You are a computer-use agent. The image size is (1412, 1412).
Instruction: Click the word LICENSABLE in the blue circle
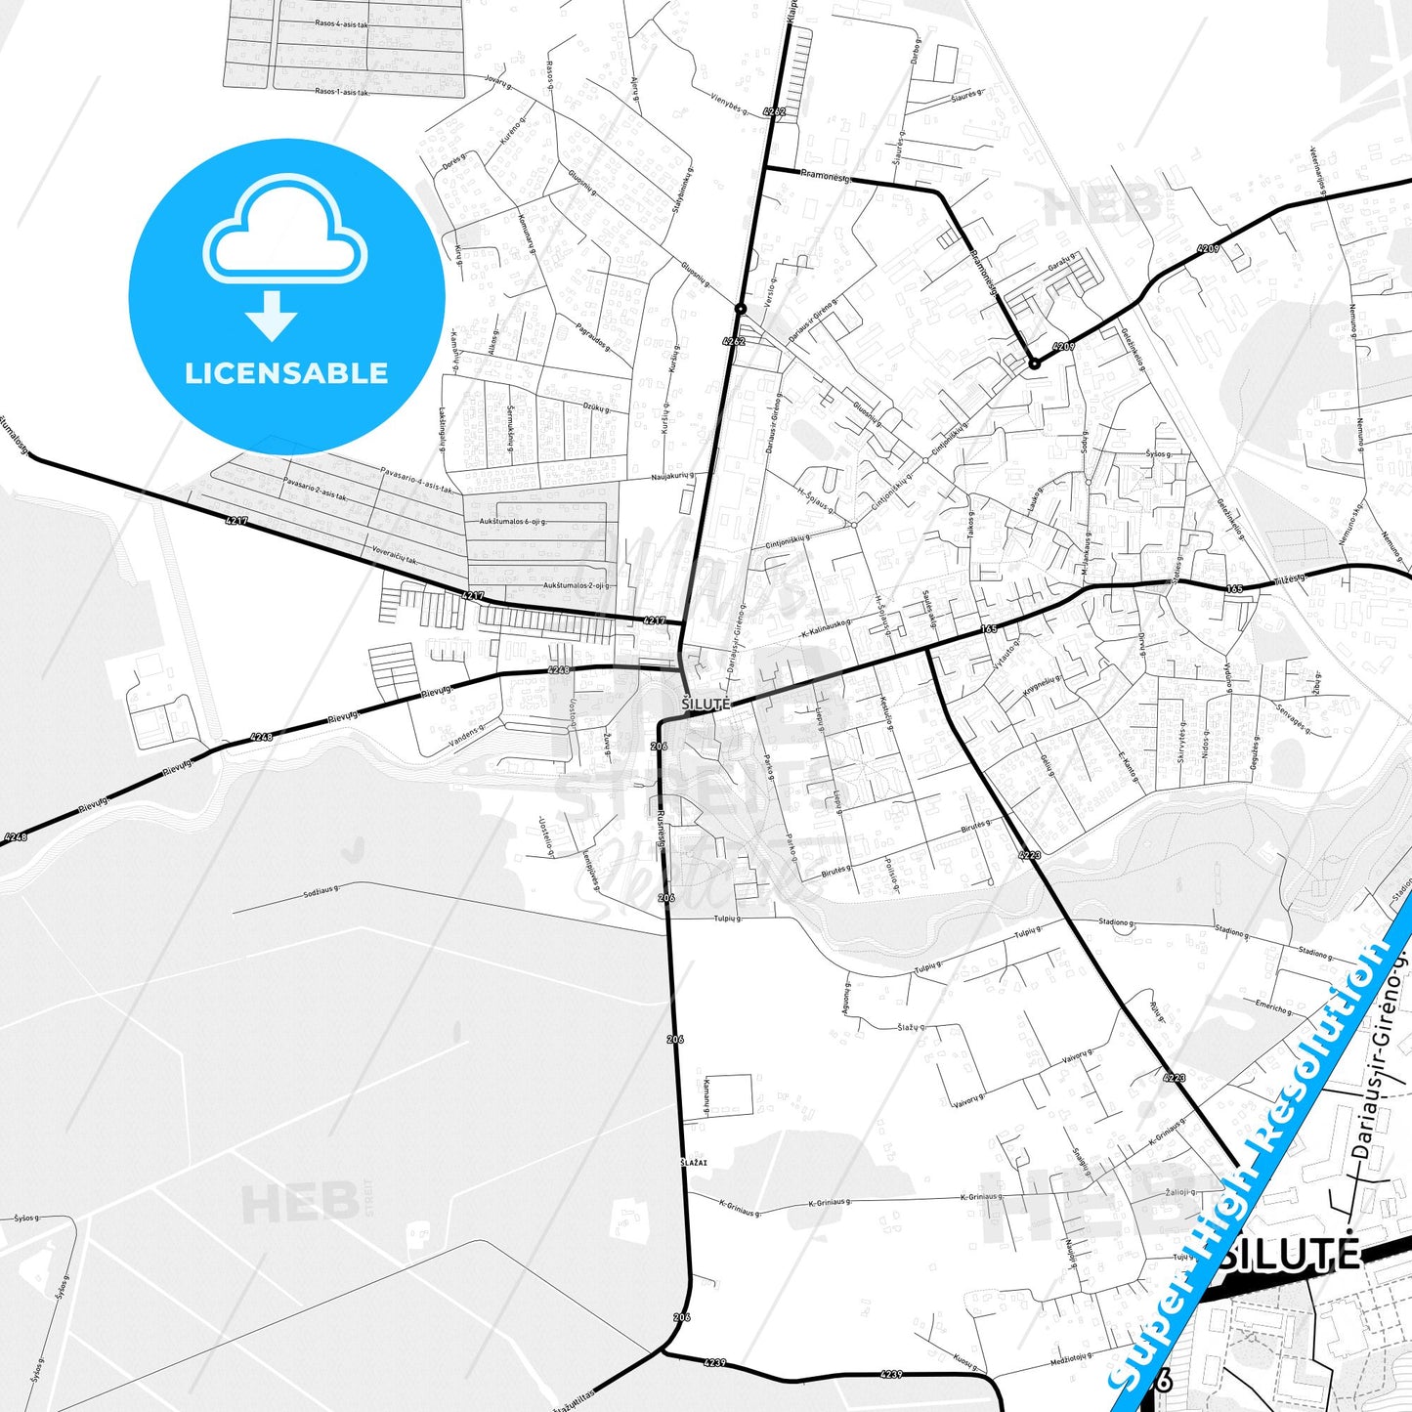point(286,373)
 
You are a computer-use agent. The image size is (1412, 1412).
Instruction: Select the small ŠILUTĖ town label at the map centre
point(706,704)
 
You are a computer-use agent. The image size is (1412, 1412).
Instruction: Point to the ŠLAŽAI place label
point(694,1162)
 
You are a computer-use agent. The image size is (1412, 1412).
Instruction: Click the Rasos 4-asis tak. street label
point(341,23)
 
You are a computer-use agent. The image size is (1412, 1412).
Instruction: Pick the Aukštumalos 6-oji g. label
point(512,522)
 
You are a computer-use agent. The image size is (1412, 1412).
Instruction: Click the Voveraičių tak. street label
point(395,555)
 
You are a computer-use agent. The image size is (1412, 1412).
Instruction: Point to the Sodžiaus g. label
point(321,890)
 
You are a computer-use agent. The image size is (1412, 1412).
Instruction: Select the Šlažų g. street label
point(912,1027)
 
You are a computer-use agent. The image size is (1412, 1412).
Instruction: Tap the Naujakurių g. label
point(672,477)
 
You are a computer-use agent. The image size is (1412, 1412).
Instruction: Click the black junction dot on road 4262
point(741,309)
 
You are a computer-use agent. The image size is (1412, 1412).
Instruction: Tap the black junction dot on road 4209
point(1034,364)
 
